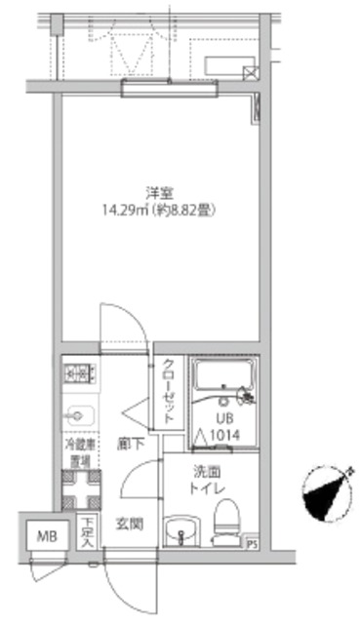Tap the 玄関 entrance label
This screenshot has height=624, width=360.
pyautogui.click(x=131, y=525)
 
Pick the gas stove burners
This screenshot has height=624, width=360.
pyautogui.click(x=78, y=371)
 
